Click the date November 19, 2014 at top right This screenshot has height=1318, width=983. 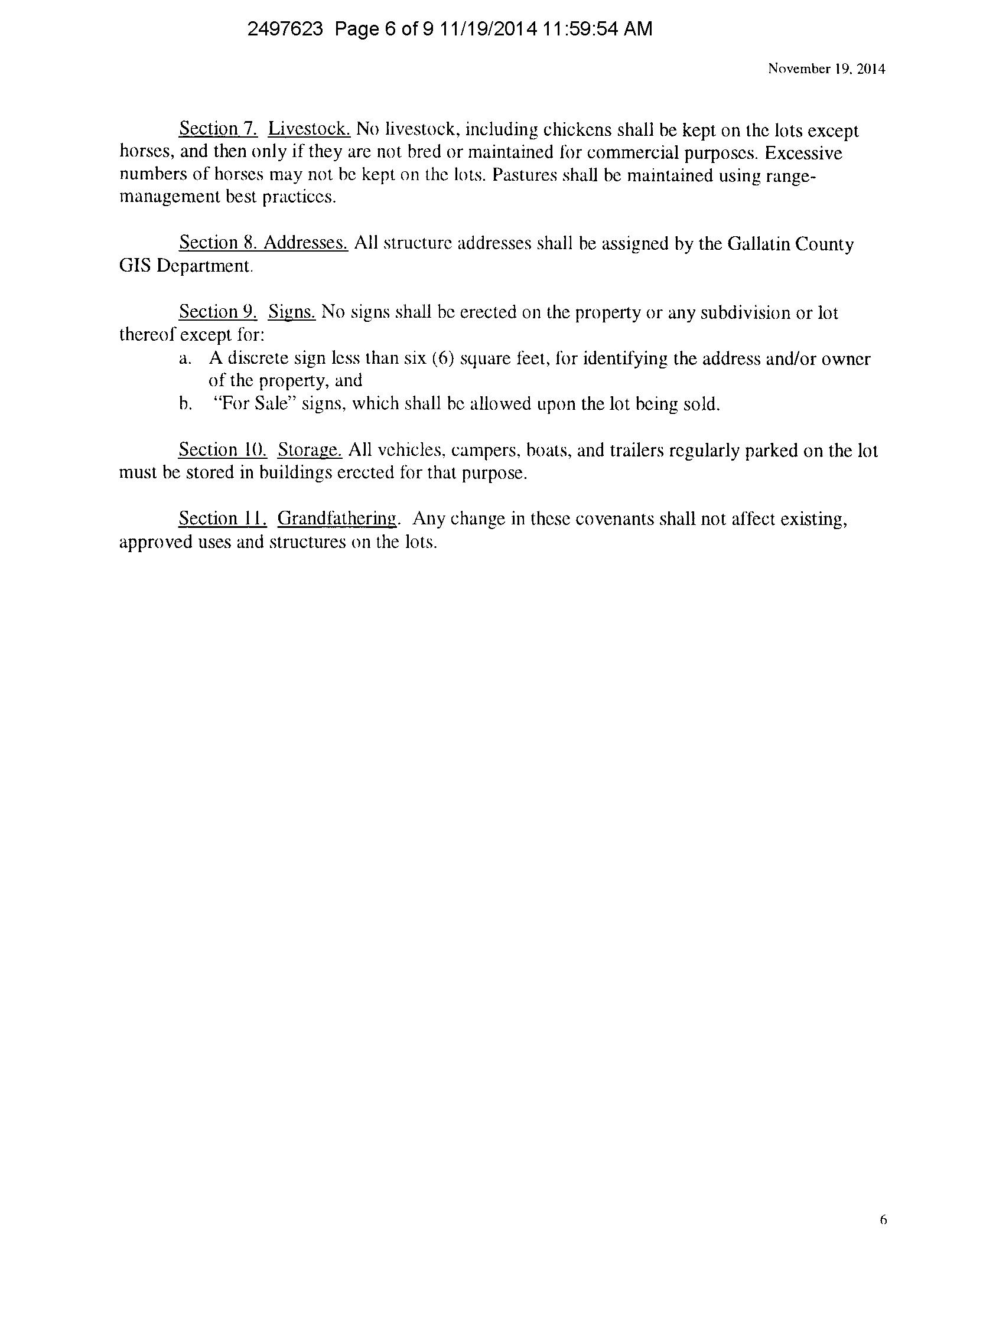click(x=826, y=69)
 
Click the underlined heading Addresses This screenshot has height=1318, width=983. click(x=306, y=243)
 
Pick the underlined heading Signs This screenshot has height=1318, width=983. click(x=292, y=312)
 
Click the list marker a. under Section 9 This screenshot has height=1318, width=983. click(x=185, y=358)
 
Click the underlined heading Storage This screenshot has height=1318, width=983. click(x=310, y=450)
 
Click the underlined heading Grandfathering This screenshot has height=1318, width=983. click(x=337, y=519)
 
